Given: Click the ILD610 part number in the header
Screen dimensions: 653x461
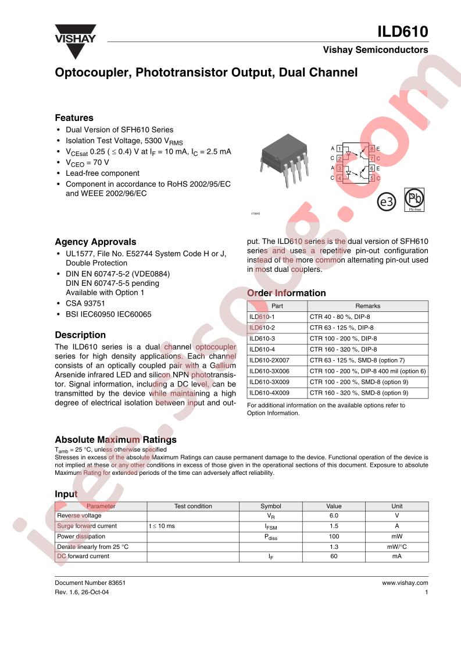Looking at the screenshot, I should [x=402, y=31].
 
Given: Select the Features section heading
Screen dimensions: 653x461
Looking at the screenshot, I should [x=74, y=118].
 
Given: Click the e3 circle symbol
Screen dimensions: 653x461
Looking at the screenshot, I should [x=386, y=202].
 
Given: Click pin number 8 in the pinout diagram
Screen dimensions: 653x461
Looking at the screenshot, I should [x=371, y=149].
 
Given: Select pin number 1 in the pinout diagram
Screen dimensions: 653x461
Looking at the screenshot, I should [x=339, y=149].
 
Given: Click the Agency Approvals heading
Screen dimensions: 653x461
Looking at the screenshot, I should [x=95, y=242].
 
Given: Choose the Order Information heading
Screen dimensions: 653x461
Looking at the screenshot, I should [x=286, y=293].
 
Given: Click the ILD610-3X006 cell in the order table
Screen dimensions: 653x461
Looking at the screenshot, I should [x=269, y=371].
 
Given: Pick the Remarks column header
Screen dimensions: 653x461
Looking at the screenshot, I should [x=367, y=306].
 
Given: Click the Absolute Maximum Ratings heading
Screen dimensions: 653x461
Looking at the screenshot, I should [x=115, y=439].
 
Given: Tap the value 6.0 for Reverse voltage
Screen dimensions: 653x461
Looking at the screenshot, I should [x=333, y=516].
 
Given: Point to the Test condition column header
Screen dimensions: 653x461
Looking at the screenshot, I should [x=193, y=506].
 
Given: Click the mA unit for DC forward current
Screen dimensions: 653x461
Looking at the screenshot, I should [x=396, y=556].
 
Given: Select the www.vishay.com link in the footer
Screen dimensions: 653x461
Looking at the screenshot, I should [x=405, y=583].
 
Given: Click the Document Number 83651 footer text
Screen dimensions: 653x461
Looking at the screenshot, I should [x=90, y=583].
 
